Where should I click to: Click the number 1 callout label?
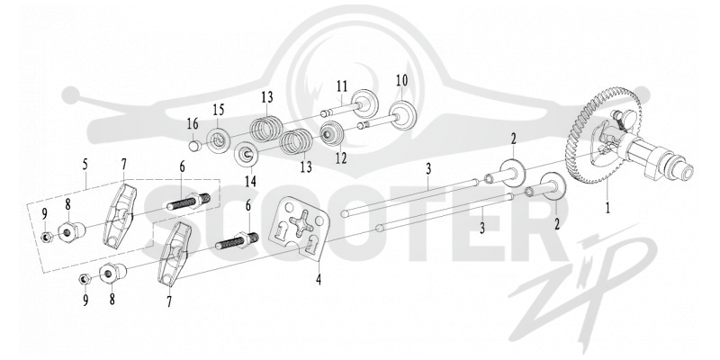pyautogui.click(x=607, y=208)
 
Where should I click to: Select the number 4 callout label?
pyautogui.click(x=319, y=278)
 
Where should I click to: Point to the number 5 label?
pyautogui.click(x=85, y=166)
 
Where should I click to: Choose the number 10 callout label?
pyautogui.click(x=401, y=80)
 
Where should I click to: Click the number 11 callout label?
pyautogui.click(x=342, y=85)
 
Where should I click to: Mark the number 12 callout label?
pyautogui.click(x=341, y=158)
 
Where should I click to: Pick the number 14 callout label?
pyautogui.click(x=250, y=181)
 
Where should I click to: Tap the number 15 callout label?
pyautogui.click(x=219, y=110)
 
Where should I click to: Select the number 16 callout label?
pyautogui.click(x=193, y=123)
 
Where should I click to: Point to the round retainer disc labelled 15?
pyautogui.click(x=218, y=140)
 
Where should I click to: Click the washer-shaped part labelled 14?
pyautogui.click(x=247, y=155)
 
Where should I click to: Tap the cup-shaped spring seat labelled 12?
pyautogui.click(x=330, y=132)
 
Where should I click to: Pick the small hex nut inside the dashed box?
pyautogui.click(x=46, y=238)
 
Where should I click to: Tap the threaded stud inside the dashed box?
pyautogui.click(x=189, y=201)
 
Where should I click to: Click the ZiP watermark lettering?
pyautogui.click(x=588, y=280)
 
